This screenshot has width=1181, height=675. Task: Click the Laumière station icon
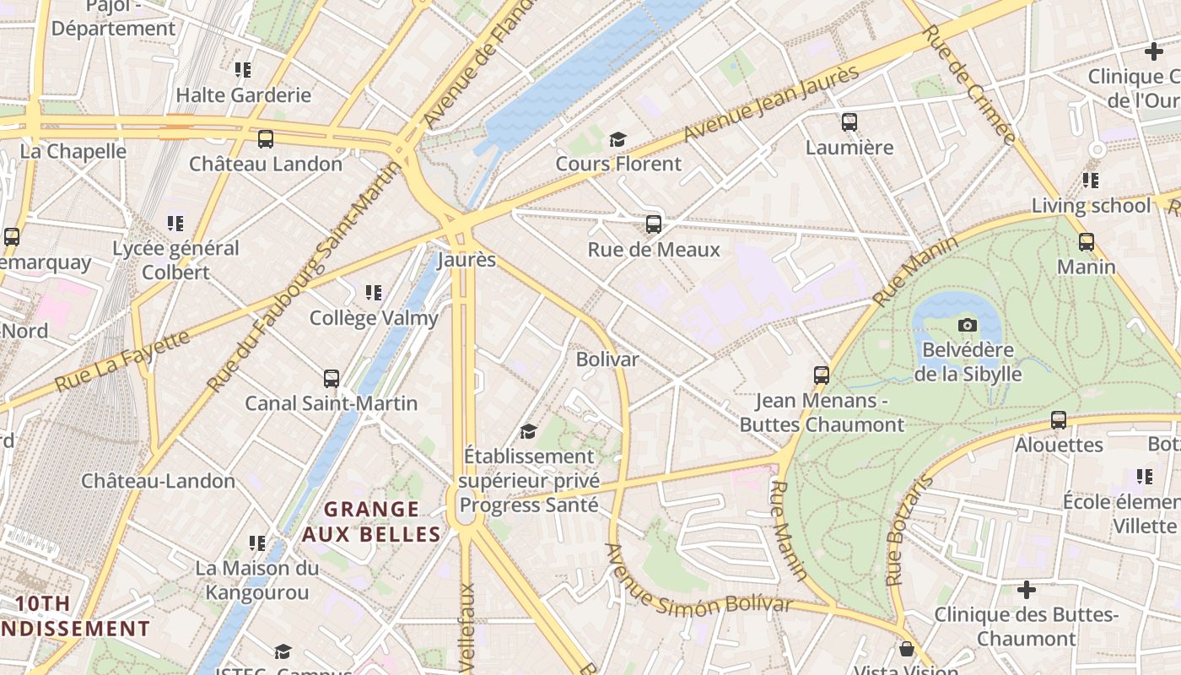[x=849, y=122]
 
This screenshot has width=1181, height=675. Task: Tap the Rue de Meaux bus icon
[x=654, y=224]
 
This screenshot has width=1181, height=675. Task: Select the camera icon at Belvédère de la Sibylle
[x=968, y=325]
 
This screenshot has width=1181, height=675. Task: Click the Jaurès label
[x=466, y=259]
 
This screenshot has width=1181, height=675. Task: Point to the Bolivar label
[x=607, y=359]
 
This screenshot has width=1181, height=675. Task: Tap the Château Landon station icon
[x=266, y=139]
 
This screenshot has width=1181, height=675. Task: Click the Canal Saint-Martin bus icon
[x=332, y=379]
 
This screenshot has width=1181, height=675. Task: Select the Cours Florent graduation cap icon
[x=618, y=139]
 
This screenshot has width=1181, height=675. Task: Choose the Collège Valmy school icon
[x=374, y=293]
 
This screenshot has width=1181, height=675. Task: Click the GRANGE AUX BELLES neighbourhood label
[x=372, y=521]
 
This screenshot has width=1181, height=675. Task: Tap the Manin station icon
[x=1087, y=242]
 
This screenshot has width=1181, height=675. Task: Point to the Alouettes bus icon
[x=1059, y=420]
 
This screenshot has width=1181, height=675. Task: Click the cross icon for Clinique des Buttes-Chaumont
[x=1027, y=590]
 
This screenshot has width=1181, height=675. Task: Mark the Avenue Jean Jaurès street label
[x=770, y=104]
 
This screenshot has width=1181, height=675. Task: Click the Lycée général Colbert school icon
[x=175, y=224]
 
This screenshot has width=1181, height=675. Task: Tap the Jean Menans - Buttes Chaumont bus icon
[x=822, y=375]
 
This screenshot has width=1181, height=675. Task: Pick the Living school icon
[x=1091, y=181]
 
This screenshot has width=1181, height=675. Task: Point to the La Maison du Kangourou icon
[x=257, y=543]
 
